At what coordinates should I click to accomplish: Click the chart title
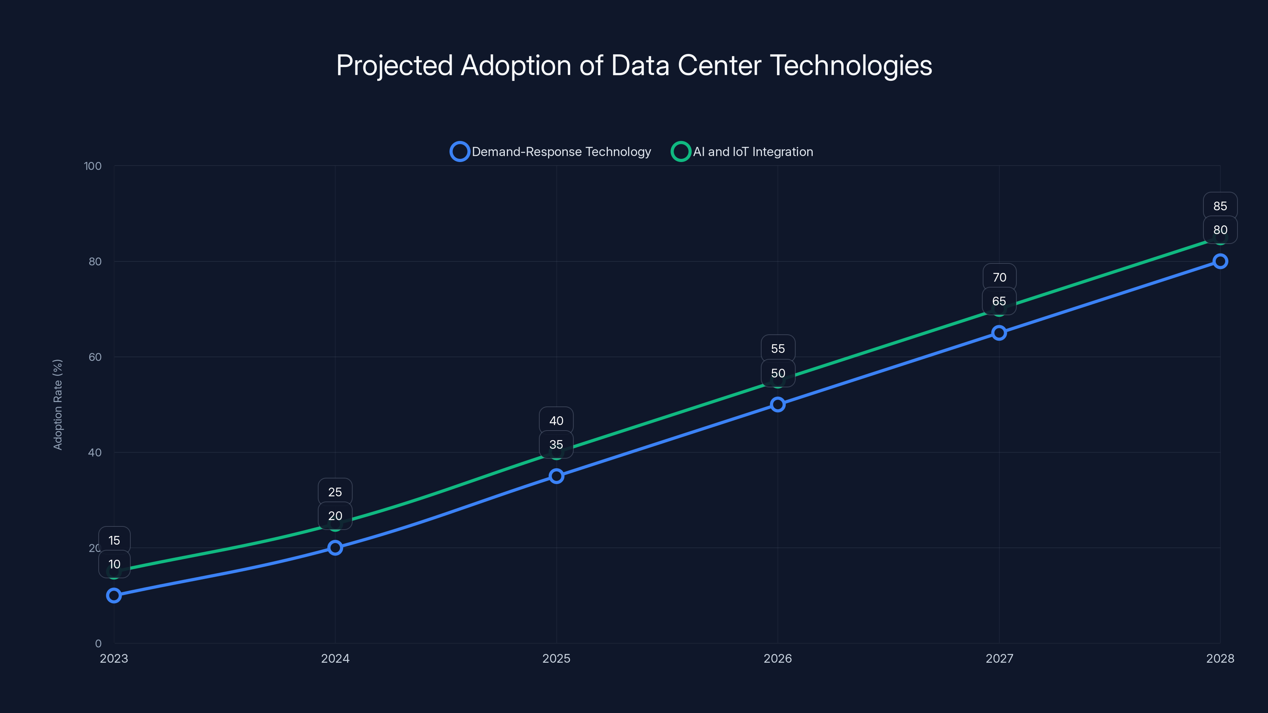pos(634,65)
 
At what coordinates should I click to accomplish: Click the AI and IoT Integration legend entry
pos(742,152)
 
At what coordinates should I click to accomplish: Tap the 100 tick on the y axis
pos(93,166)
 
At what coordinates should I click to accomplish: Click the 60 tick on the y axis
pos(95,357)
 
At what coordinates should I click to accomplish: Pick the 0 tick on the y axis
pos(98,644)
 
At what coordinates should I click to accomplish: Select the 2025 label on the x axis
pos(556,659)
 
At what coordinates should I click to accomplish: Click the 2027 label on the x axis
pos(999,659)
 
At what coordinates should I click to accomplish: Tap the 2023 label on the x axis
pos(114,659)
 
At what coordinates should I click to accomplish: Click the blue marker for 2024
pos(335,548)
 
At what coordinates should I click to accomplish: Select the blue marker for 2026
pos(778,404)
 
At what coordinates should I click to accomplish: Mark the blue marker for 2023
pos(114,595)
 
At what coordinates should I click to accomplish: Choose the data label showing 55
pos(778,349)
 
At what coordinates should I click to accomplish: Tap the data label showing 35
pos(556,445)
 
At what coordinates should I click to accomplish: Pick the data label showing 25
pos(335,492)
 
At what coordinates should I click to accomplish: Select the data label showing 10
pos(114,564)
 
